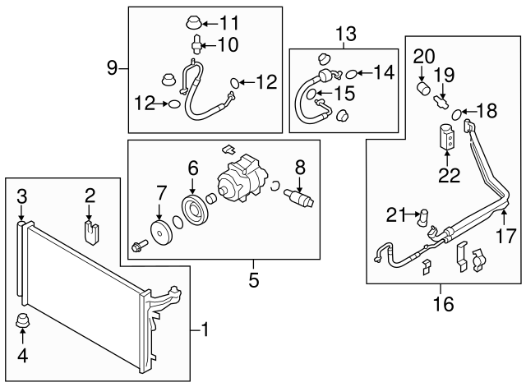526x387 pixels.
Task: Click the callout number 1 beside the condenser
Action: pos(205,330)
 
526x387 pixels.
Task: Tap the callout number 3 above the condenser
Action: pos(22,196)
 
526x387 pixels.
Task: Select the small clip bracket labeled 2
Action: pos(91,229)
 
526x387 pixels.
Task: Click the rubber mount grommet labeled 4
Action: pos(23,322)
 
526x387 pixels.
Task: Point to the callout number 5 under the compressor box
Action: pos(254,280)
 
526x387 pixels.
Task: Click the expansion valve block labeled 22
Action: pos(449,136)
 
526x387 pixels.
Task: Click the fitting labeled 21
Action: pos(425,218)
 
